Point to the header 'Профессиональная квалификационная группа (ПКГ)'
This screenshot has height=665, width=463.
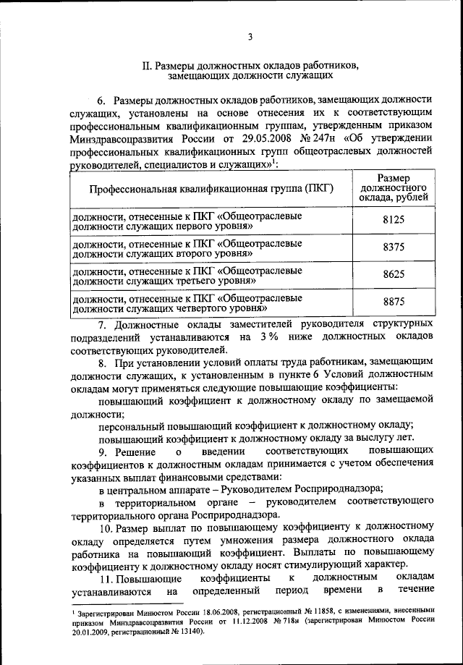pos(211,190)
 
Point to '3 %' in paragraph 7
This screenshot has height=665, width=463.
pos(270,336)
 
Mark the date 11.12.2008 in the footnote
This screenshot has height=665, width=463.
pos(247,621)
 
